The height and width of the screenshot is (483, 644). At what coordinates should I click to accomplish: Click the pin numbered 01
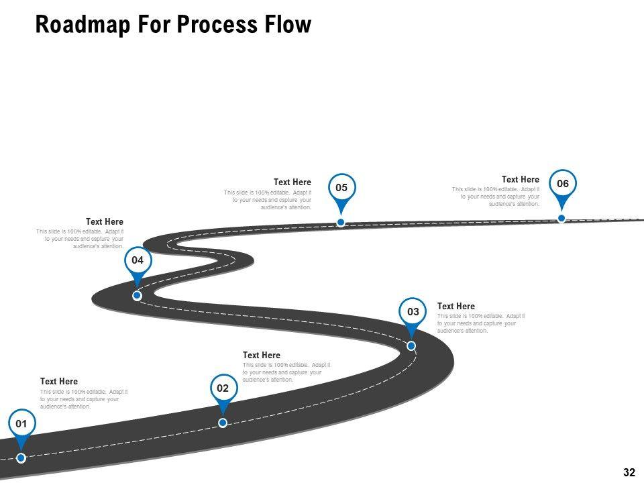click(21, 424)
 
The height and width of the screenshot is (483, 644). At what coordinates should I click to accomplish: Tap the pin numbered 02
click(223, 388)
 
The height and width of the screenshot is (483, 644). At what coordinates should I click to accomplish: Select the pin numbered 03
click(413, 312)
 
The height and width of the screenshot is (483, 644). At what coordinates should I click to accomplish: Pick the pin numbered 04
click(138, 260)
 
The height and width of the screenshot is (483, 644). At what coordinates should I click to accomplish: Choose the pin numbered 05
click(341, 188)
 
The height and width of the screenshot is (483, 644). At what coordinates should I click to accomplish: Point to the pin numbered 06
click(562, 184)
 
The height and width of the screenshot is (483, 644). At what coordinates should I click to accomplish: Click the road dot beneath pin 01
click(21, 458)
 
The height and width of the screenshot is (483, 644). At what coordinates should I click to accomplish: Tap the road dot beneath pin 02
click(223, 423)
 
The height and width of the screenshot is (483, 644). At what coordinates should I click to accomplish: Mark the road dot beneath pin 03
click(411, 346)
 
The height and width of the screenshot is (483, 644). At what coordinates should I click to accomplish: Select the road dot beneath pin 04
click(137, 295)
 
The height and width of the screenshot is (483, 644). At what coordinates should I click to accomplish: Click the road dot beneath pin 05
click(341, 222)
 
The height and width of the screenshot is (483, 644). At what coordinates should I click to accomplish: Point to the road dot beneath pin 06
click(561, 218)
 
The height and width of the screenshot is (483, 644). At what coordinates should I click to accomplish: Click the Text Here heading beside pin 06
click(520, 180)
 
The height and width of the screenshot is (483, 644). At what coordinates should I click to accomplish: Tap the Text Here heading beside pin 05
click(292, 182)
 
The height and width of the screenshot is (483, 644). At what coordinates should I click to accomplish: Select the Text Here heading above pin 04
click(104, 221)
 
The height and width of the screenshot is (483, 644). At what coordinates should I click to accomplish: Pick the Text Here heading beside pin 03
click(455, 307)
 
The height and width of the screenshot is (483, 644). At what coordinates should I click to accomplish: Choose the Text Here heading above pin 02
click(261, 356)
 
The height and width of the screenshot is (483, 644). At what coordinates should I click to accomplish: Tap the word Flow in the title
click(288, 24)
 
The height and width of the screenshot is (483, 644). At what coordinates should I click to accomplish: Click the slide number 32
click(629, 472)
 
